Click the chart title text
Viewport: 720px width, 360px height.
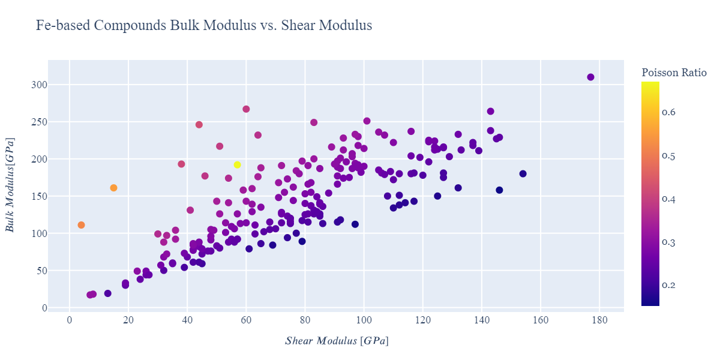[x=204, y=26]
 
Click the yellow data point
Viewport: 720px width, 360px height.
[x=237, y=164]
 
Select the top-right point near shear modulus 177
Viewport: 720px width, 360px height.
[x=590, y=77]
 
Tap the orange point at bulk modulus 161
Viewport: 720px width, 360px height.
[x=113, y=188]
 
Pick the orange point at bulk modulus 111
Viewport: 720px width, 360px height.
[x=81, y=225]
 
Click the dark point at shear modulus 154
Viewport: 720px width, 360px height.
[x=523, y=173]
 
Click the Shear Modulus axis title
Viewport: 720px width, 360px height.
[x=336, y=341]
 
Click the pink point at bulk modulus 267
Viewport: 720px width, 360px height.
[x=246, y=109]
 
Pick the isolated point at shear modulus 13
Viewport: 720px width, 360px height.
[x=108, y=293]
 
